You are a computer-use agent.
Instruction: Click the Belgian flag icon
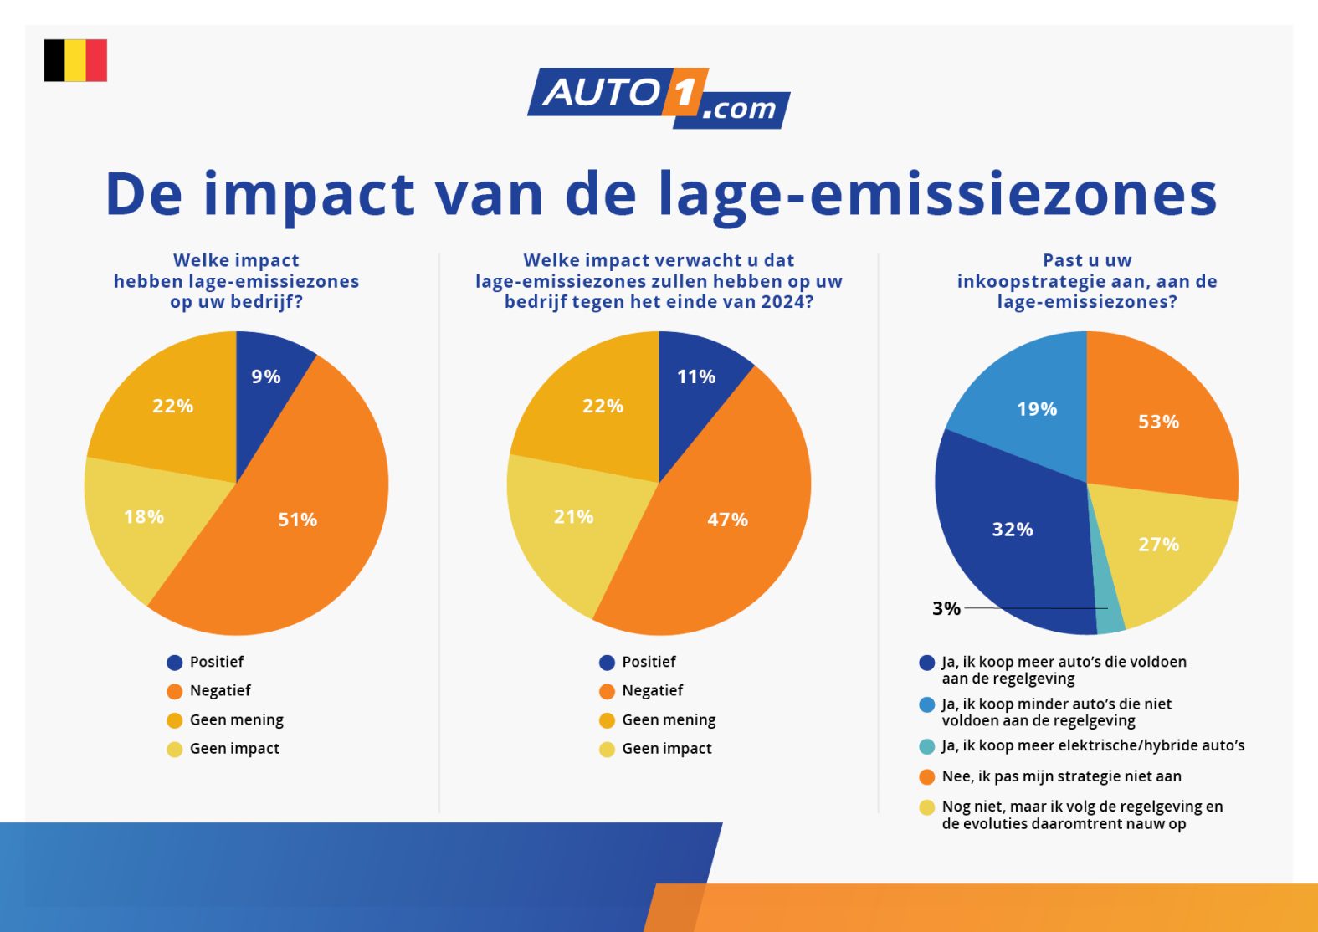pyautogui.click(x=75, y=60)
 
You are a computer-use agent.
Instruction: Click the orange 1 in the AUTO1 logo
pyautogui.click(x=685, y=92)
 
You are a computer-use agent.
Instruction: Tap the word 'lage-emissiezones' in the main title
pyautogui.click(x=937, y=194)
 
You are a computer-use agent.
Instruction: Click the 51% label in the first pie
pyautogui.click(x=297, y=520)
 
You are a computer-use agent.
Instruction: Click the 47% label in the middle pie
pyautogui.click(x=727, y=520)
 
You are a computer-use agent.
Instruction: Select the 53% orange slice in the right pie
pyautogui.click(x=1158, y=421)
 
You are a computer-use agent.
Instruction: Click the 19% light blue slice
pyautogui.click(x=1037, y=409)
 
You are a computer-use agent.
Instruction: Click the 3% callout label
pyautogui.click(x=946, y=608)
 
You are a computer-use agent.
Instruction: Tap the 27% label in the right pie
pyautogui.click(x=1158, y=545)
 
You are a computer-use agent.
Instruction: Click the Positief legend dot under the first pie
pyautogui.click(x=175, y=663)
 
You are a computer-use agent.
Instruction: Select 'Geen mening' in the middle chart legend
pyautogui.click(x=669, y=719)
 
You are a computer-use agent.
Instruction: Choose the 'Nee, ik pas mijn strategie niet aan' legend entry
pyautogui.click(x=1061, y=776)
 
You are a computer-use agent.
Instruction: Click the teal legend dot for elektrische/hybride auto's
pyautogui.click(x=926, y=746)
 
